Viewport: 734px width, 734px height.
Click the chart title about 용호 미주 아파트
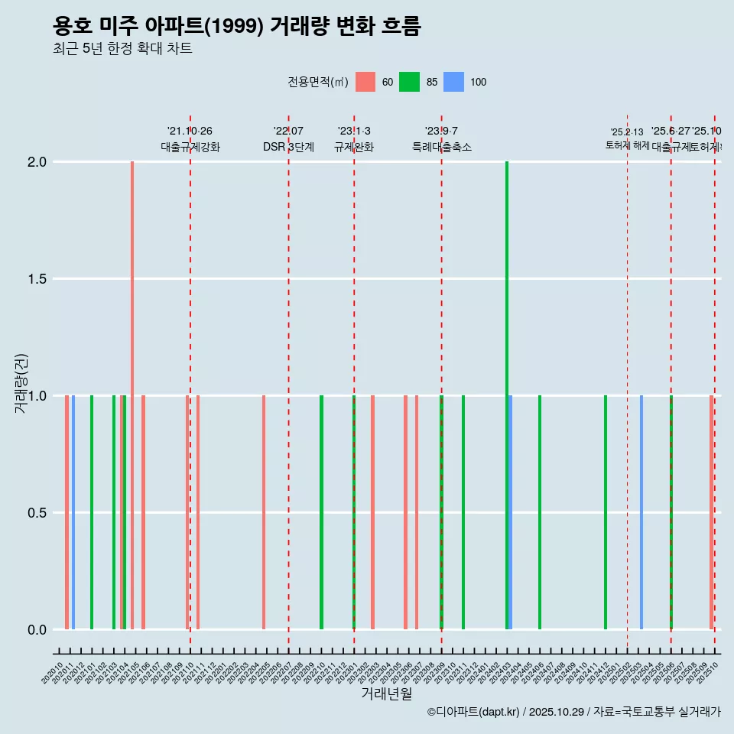(x=237, y=27)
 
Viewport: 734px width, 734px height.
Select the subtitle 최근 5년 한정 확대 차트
(x=122, y=49)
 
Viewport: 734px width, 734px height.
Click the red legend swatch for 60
(x=365, y=82)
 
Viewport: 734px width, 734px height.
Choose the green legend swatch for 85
(x=410, y=82)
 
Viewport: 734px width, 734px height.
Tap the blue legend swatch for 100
(x=454, y=82)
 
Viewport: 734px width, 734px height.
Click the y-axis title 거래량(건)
(x=21, y=382)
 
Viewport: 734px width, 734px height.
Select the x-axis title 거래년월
(x=386, y=693)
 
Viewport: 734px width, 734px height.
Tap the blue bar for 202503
(x=641, y=512)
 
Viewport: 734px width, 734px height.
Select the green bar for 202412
(x=606, y=512)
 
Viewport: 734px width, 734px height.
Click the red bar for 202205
(x=264, y=512)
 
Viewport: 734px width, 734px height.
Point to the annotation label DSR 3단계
(x=288, y=147)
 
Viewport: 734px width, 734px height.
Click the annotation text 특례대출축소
(x=441, y=147)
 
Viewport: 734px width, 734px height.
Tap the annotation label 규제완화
(x=354, y=147)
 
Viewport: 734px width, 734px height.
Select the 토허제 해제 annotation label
(x=627, y=145)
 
